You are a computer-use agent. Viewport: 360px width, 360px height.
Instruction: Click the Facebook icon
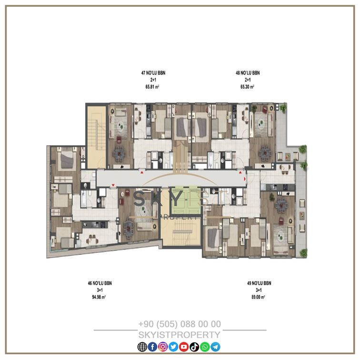click(x=152, y=347)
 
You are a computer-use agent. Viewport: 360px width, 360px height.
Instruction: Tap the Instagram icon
click(x=163, y=347)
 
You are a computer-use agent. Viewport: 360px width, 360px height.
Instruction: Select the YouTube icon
click(x=184, y=347)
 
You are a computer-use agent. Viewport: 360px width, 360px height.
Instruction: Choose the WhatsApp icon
click(x=205, y=347)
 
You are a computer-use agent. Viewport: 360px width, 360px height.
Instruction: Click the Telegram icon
click(x=215, y=347)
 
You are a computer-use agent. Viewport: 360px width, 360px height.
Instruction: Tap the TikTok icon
click(x=194, y=347)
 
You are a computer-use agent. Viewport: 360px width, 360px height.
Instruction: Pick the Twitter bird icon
click(x=173, y=347)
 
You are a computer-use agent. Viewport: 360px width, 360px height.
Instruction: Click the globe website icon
click(x=142, y=347)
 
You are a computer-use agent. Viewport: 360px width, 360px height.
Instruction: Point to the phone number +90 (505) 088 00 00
click(x=180, y=324)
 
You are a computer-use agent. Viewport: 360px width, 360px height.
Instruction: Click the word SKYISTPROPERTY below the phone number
click(x=180, y=335)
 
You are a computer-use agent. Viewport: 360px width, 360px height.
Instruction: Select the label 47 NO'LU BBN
click(x=153, y=73)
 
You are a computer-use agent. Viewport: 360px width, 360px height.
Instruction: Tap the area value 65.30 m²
click(x=247, y=87)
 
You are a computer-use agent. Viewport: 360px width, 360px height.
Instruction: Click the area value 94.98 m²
click(x=99, y=297)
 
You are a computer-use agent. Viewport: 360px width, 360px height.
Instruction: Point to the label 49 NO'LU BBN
click(x=259, y=283)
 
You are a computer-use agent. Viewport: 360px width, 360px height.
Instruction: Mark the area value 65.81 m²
click(x=152, y=87)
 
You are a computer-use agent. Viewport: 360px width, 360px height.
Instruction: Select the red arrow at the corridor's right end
click(x=245, y=179)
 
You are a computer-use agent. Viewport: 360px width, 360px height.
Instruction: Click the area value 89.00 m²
click(x=258, y=297)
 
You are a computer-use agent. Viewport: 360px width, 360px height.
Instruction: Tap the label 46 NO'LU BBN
click(x=100, y=283)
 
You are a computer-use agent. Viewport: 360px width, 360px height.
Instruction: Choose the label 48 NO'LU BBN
click(x=248, y=73)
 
